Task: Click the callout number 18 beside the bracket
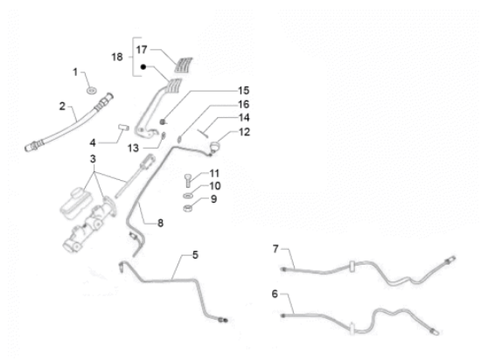click(117, 57)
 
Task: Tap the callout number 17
click(142, 50)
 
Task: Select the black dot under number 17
click(143, 66)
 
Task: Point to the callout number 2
click(62, 107)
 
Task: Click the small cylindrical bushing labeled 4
click(123, 128)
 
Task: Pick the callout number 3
click(93, 159)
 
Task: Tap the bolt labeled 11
click(188, 180)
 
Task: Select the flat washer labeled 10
click(188, 195)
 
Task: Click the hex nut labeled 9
click(188, 208)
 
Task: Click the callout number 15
click(244, 91)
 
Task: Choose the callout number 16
click(244, 105)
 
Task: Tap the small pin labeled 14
click(204, 132)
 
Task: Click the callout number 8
click(160, 223)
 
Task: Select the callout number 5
click(195, 255)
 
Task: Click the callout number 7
click(275, 249)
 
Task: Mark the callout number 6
click(275, 294)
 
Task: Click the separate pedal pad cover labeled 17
click(184, 65)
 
